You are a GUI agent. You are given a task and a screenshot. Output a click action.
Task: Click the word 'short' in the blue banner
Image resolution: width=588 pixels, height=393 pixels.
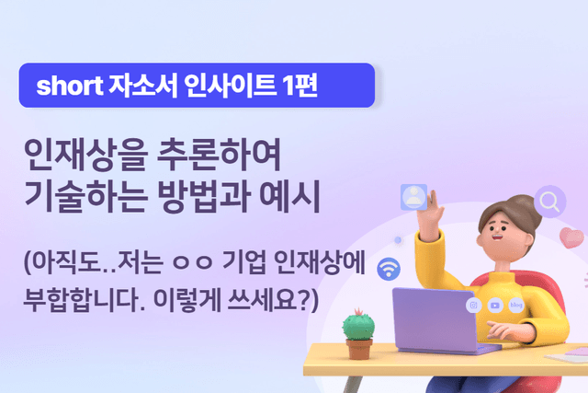pos(66,87)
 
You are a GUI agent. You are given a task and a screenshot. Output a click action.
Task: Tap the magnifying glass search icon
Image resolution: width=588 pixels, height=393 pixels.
pos(551,200)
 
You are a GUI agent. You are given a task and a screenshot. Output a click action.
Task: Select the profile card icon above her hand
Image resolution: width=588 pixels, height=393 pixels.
pos(414,195)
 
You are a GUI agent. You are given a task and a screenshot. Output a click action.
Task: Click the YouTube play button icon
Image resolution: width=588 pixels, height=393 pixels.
pos(495,304)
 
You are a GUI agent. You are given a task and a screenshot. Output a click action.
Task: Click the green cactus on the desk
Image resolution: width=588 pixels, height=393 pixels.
pos(356,327)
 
